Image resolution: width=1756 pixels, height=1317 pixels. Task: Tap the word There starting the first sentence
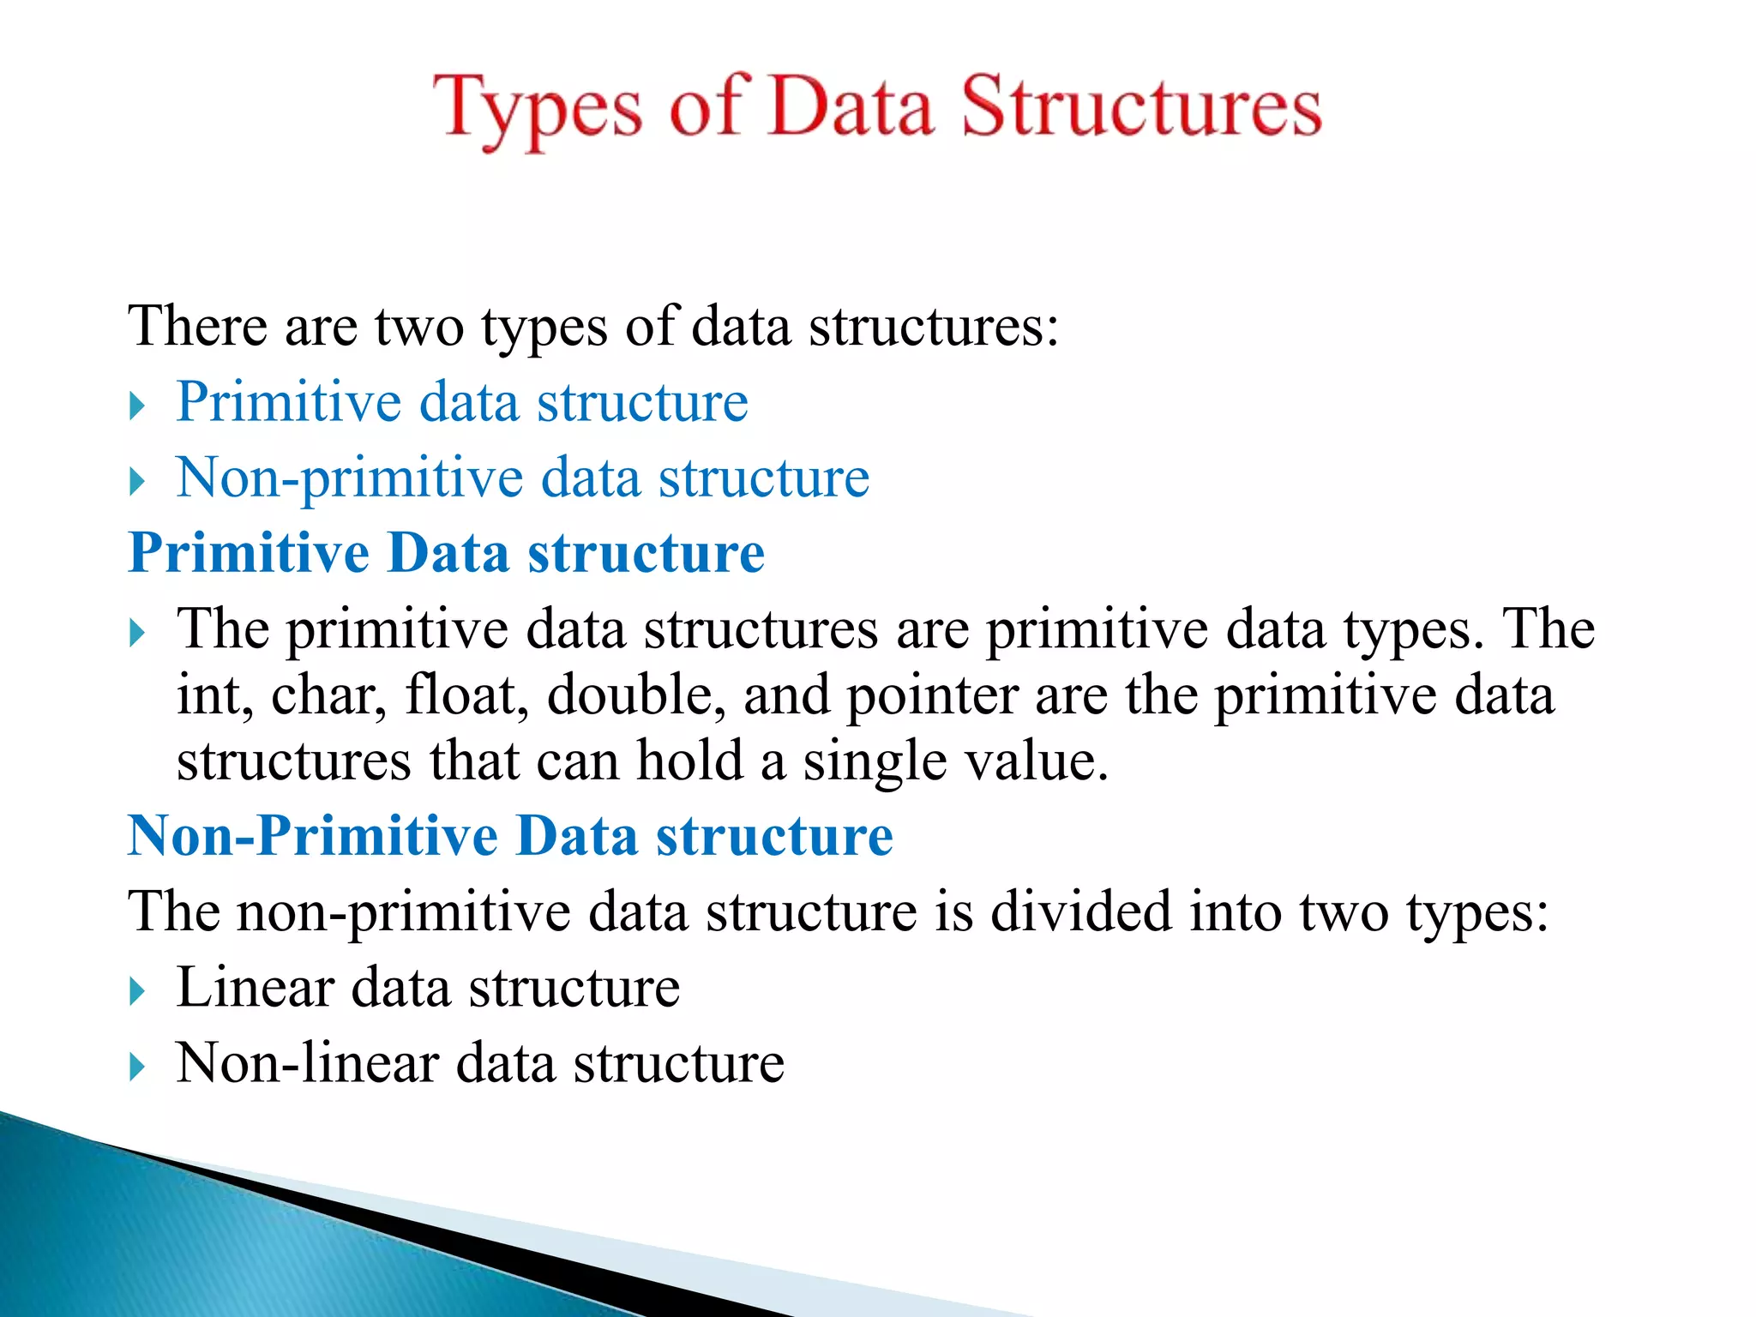[x=197, y=327]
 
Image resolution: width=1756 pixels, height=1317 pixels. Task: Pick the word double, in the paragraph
[x=637, y=695]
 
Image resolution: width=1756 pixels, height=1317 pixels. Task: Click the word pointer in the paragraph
[x=932, y=696]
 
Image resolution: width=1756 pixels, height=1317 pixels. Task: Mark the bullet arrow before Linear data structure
[x=137, y=992]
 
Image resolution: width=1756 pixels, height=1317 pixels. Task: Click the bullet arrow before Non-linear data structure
[x=137, y=1067]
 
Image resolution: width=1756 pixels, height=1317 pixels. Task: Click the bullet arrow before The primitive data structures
[x=137, y=634]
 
